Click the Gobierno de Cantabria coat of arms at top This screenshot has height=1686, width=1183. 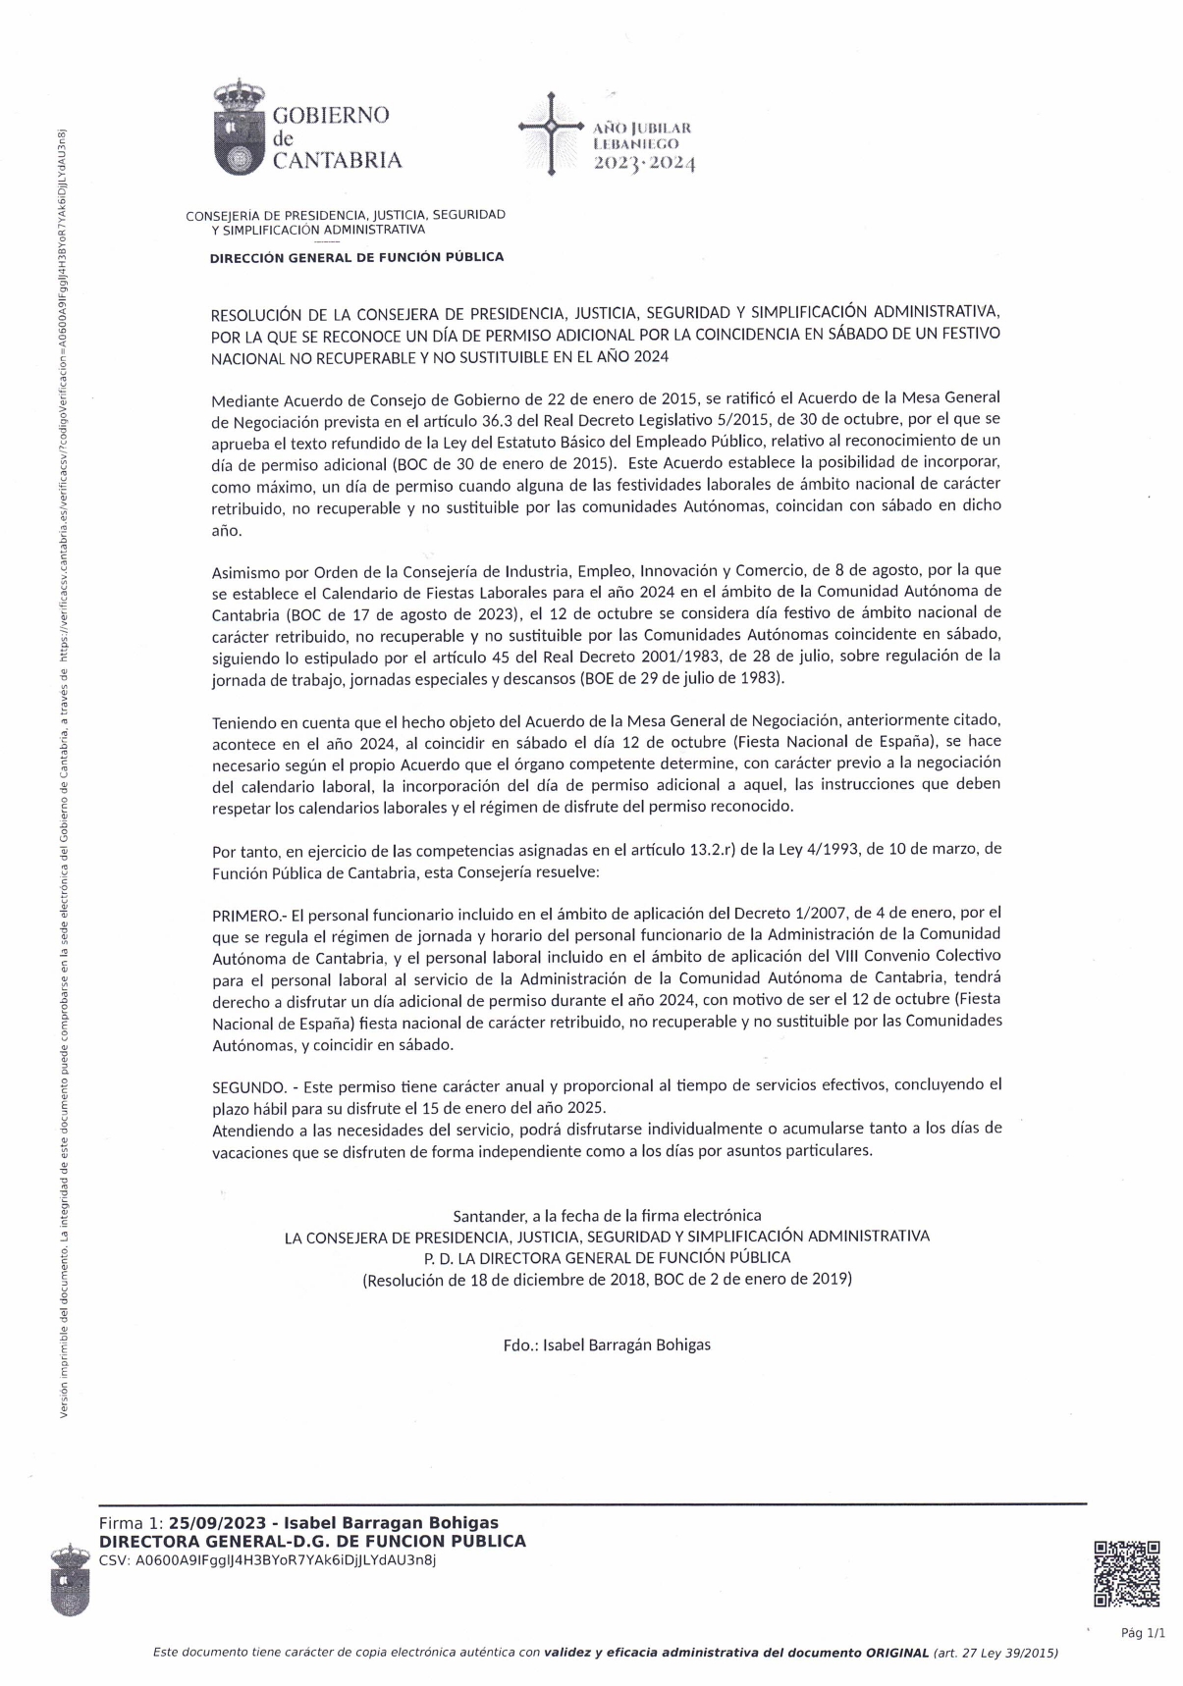239,131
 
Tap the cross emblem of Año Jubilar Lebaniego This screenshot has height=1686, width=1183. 551,129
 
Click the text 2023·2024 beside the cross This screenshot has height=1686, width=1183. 644,164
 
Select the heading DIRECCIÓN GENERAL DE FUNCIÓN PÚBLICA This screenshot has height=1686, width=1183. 356,257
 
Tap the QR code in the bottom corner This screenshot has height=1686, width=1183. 1127,1574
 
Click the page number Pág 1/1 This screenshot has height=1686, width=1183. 1143,1633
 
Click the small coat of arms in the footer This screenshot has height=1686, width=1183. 71,1580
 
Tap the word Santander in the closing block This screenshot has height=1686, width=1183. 489,1215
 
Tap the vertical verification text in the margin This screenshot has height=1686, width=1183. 63,765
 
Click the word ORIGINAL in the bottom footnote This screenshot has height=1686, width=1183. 896,1653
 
